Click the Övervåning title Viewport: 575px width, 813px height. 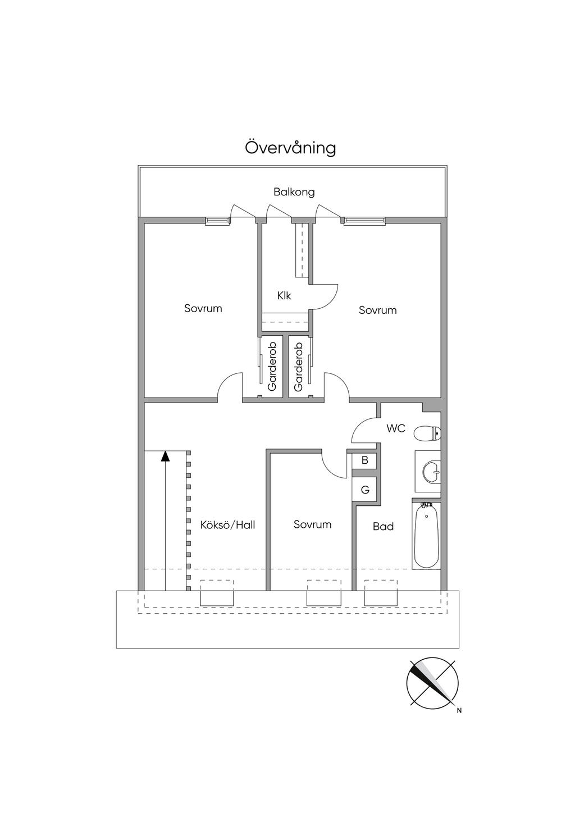pos(290,148)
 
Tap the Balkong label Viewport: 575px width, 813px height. pos(294,192)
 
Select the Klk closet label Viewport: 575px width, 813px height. pos(284,295)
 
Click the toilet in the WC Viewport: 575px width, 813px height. pos(427,433)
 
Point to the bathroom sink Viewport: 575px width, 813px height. pos(432,472)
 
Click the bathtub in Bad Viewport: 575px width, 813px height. pos(426,535)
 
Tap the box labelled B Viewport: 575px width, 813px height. pos(364,460)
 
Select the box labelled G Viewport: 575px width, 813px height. pos(364,490)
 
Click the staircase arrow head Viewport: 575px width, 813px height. pos(165,456)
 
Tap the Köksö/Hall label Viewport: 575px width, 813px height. pos(227,525)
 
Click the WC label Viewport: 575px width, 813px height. pos(396,428)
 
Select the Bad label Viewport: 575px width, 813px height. pos(383,526)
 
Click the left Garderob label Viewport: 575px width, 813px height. pos(272,367)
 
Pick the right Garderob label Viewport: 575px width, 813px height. pos(298,367)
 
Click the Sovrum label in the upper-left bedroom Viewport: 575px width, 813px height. pos(203,308)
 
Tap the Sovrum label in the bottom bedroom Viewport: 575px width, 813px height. pos(312,524)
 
